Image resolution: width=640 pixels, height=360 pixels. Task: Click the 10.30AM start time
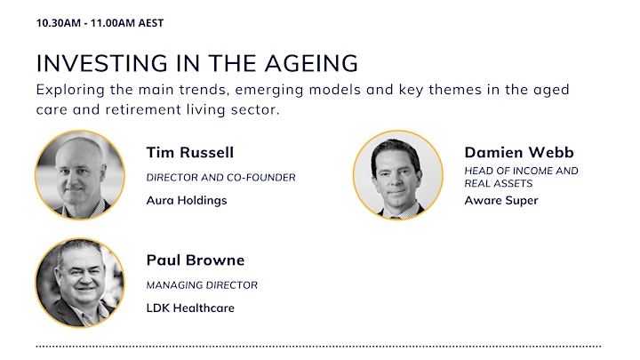point(59,23)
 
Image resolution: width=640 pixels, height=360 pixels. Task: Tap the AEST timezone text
point(150,23)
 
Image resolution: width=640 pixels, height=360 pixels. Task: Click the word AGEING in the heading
point(311,63)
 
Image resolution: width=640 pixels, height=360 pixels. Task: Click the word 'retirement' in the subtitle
point(143,109)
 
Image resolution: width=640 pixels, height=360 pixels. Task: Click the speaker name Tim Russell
point(190,152)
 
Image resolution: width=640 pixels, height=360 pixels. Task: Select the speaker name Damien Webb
point(519,152)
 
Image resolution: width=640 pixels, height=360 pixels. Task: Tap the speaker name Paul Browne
point(196,260)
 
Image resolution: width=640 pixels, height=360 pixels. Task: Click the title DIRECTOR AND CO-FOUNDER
point(220,178)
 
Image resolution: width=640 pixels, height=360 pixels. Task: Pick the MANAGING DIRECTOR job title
point(202,285)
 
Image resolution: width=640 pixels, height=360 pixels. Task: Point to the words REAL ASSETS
point(499,184)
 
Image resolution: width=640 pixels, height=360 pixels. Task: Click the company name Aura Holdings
point(187,200)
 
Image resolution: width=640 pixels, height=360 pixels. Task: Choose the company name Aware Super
point(501,200)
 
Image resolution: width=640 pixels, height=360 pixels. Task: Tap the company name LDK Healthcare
point(190,308)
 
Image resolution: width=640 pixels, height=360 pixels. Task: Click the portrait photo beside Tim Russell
point(80,175)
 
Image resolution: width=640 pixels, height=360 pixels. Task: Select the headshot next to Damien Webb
point(398,175)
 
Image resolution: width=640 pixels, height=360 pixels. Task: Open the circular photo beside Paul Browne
point(80,283)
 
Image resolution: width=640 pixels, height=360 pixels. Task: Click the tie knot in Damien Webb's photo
point(395,217)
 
